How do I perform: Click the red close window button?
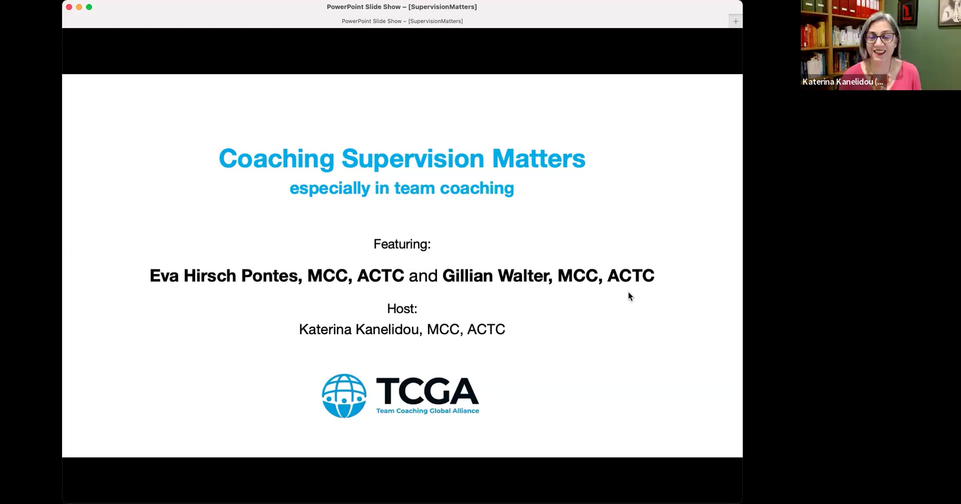pyautogui.click(x=69, y=7)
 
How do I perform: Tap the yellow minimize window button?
pyautogui.click(x=79, y=7)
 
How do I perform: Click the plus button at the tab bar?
pyautogui.click(x=736, y=21)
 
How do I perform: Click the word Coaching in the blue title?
pyautogui.click(x=276, y=159)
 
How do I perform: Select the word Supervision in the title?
pyautogui.click(x=413, y=159)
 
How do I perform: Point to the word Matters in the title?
pyautogui.click(x=539, y=159)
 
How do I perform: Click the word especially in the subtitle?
pyautogui.click(x=330, y=188)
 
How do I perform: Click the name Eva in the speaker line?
pyautogui.click(x=164, y=276)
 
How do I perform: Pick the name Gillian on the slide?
pyautogui.click(x=467, y=276)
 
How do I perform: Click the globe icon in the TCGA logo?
pyautogui.click(x=344, y=396)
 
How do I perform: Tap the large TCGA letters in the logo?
pyautogui.click(x=427, y=391)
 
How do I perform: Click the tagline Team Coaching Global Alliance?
pyautogui.click(x=428, y=411)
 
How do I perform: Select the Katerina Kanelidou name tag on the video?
pyautogui.click(x=843, y=82)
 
